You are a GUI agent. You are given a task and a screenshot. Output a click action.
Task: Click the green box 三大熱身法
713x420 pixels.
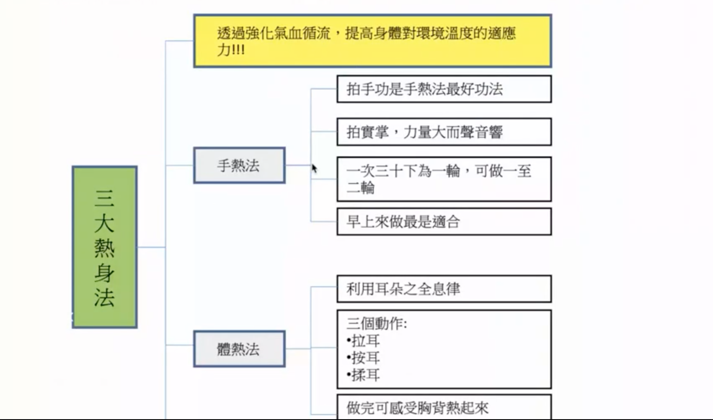105,247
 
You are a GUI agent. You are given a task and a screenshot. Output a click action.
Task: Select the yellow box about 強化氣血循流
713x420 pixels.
373,41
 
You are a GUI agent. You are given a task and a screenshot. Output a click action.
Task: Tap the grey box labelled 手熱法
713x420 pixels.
239,165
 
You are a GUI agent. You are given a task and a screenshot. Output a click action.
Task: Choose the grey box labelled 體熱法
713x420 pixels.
239,349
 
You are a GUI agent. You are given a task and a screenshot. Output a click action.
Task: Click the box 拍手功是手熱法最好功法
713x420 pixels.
444,89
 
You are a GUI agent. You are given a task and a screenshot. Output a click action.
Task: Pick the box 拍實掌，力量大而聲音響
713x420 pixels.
444,132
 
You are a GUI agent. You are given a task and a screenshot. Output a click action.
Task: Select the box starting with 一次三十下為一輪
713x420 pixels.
444,179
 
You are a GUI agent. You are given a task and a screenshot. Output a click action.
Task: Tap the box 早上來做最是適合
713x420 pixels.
444,222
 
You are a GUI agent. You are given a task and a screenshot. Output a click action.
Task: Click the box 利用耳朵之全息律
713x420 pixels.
444,289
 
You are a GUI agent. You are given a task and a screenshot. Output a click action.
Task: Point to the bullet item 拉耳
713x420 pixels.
364,341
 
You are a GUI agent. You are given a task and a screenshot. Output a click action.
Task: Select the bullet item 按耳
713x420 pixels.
364,358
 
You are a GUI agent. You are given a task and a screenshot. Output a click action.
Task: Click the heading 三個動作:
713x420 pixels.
377,324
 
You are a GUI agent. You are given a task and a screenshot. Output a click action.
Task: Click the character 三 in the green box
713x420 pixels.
104,198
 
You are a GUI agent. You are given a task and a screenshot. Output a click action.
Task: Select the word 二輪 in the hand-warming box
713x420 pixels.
361,187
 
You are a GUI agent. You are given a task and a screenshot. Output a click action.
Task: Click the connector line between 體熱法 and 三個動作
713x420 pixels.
311,349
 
